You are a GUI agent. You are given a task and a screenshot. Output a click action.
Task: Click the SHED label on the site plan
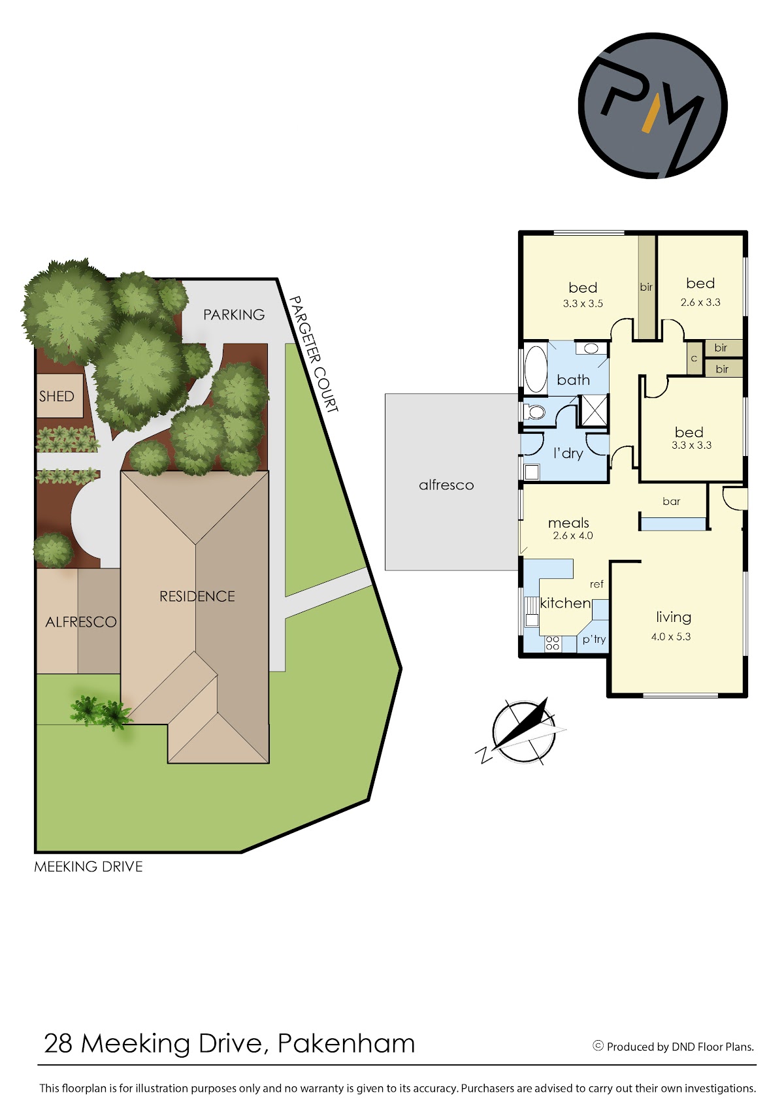[x=56, y=396]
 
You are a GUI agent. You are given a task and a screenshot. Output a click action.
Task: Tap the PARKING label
[x=234, y=315]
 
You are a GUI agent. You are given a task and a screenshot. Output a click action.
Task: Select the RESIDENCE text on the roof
[x=197, y=596]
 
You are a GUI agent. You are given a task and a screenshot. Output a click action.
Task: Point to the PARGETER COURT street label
[x=313, y=353]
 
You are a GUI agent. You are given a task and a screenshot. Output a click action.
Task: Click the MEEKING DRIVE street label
[x=89, y=867]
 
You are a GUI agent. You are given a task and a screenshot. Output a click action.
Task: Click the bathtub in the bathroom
[x=534, y=369]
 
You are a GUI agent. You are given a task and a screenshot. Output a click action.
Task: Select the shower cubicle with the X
[x=593, y=410]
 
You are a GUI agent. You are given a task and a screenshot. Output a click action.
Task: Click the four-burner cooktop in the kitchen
[x=553, y=643]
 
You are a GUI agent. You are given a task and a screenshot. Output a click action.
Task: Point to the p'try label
[x=594, y=639]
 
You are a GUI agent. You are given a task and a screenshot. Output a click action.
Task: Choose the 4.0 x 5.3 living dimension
[x=671, y=636]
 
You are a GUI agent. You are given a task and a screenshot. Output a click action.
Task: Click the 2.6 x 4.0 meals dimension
[x=573, y=535]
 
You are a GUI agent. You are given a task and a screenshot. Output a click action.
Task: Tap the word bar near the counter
[x=671, y=501]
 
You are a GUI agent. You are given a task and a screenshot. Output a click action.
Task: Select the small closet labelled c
[x=694, y=357]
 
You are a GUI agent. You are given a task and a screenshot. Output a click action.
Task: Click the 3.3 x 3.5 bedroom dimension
[x=583, y=304]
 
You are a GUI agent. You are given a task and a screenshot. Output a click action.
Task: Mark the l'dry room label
[x=568, y=453]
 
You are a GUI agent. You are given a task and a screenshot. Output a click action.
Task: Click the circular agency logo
[x=653, y=106]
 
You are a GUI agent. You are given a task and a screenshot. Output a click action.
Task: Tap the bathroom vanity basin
[x=591, y=348]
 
